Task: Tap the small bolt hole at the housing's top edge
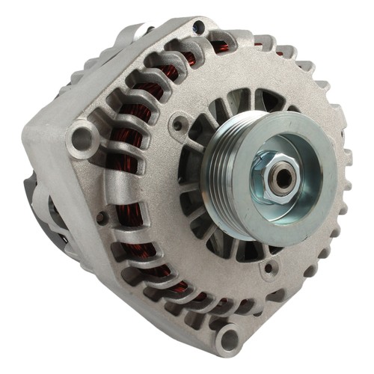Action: point(198,28)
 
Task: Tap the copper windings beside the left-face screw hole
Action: point(123,224)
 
